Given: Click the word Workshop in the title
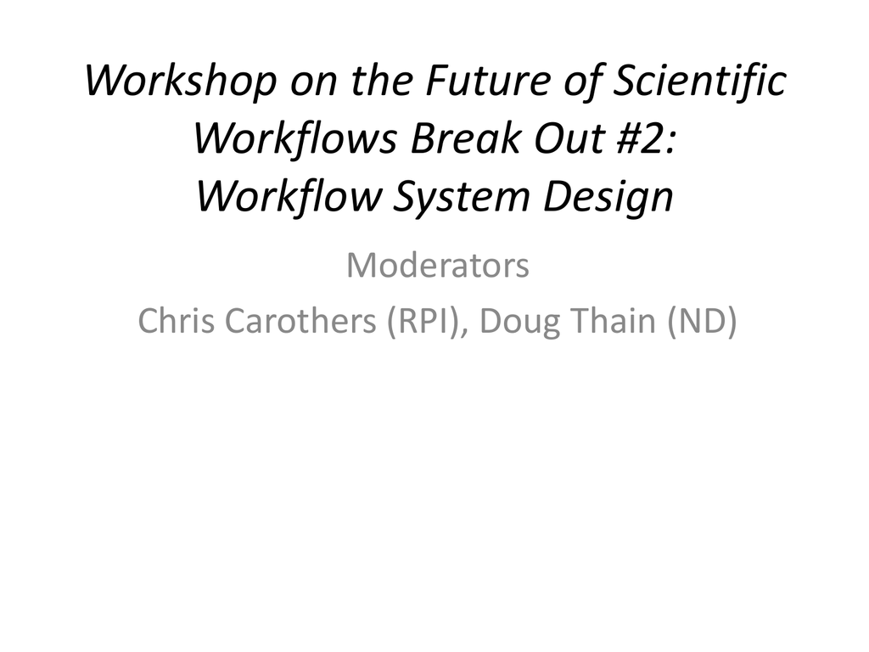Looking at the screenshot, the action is (x=180, y=81).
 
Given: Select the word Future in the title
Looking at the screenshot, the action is (x=486, y=81).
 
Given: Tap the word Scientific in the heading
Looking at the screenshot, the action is (x=700, y=81).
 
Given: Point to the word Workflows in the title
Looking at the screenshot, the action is (x=294, y=139).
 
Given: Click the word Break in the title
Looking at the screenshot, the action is (x=466, y=138).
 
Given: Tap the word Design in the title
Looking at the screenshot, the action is (x=608, y=198).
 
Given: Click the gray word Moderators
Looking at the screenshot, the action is (x=438, y=265).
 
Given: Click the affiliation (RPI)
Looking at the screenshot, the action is (x=427, y=322).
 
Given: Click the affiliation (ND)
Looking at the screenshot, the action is (x=702, y=322).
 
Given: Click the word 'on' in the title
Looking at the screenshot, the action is (x=314, y=85).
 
